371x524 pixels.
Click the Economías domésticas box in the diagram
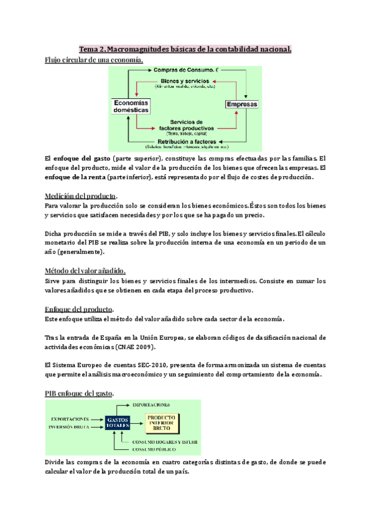130,106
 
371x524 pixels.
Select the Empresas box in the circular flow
242,105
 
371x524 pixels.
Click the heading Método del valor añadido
85,270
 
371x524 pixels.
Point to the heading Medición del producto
81,196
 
